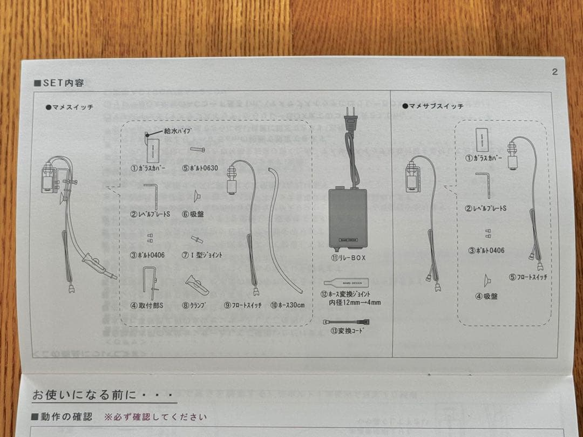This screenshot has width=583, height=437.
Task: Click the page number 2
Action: (x=555, y=72)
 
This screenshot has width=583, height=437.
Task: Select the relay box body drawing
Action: (x=348, y=217)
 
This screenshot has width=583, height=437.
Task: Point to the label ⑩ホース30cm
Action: (x=287, y=305)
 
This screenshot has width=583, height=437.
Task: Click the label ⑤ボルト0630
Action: (x=200, y=168)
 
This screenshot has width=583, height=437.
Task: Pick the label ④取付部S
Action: (x=147, y=305)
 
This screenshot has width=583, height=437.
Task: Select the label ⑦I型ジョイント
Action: (x=202, y=255)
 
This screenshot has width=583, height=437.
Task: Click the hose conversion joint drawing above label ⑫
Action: (x=345, y=282)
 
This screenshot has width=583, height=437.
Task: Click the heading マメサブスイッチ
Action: (x=433, y=106)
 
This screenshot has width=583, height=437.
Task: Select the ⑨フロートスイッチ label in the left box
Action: (x=243, y=305)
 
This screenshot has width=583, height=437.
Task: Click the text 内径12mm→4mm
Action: (x=355, y=303)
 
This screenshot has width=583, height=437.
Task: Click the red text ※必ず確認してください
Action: (x=155, y=417)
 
